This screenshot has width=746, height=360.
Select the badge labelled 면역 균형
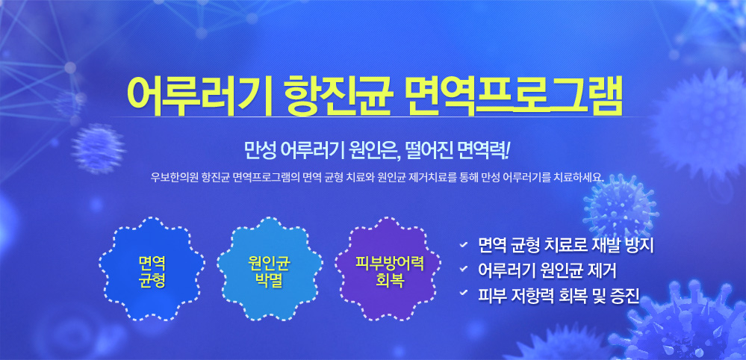pos(152,269)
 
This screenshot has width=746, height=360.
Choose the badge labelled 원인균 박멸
pos(270,269)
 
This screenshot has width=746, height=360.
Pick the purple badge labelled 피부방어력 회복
pos(387,269)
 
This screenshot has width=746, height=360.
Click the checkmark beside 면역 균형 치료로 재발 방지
pos(463,246)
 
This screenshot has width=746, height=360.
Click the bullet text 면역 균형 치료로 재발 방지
pos(567,246)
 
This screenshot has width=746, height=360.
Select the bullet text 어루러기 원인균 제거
pos(547,270)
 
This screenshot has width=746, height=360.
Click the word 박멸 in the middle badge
pos(270,280)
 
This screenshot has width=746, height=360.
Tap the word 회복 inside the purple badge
pos(387,280)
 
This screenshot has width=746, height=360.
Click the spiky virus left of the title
pos(99,148)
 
